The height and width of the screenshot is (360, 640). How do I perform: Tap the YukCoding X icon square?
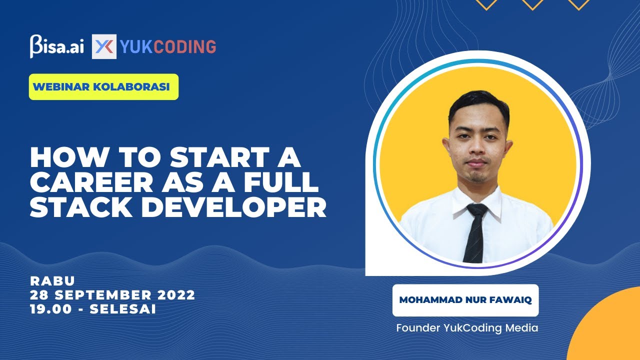(104, 46)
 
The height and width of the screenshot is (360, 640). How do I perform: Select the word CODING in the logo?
(184, 46)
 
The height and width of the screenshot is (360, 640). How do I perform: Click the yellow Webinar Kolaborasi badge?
(103, 86)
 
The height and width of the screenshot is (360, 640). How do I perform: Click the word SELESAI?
(123, 309)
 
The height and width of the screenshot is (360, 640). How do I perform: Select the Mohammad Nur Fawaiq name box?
(465, 300)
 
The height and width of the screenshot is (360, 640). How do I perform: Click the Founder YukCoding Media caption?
(467, 328)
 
